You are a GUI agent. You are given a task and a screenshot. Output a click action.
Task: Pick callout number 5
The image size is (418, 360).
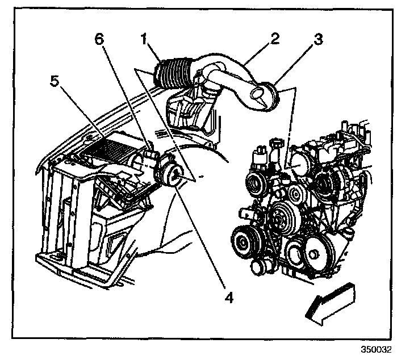tap(54, 81)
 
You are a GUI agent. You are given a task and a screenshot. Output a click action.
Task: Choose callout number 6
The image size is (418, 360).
tap(100, 39)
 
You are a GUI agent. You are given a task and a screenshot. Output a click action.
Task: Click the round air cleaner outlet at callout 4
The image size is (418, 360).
tap(173, 173)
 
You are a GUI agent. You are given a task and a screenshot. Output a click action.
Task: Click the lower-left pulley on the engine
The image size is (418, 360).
tap(244, 243)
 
